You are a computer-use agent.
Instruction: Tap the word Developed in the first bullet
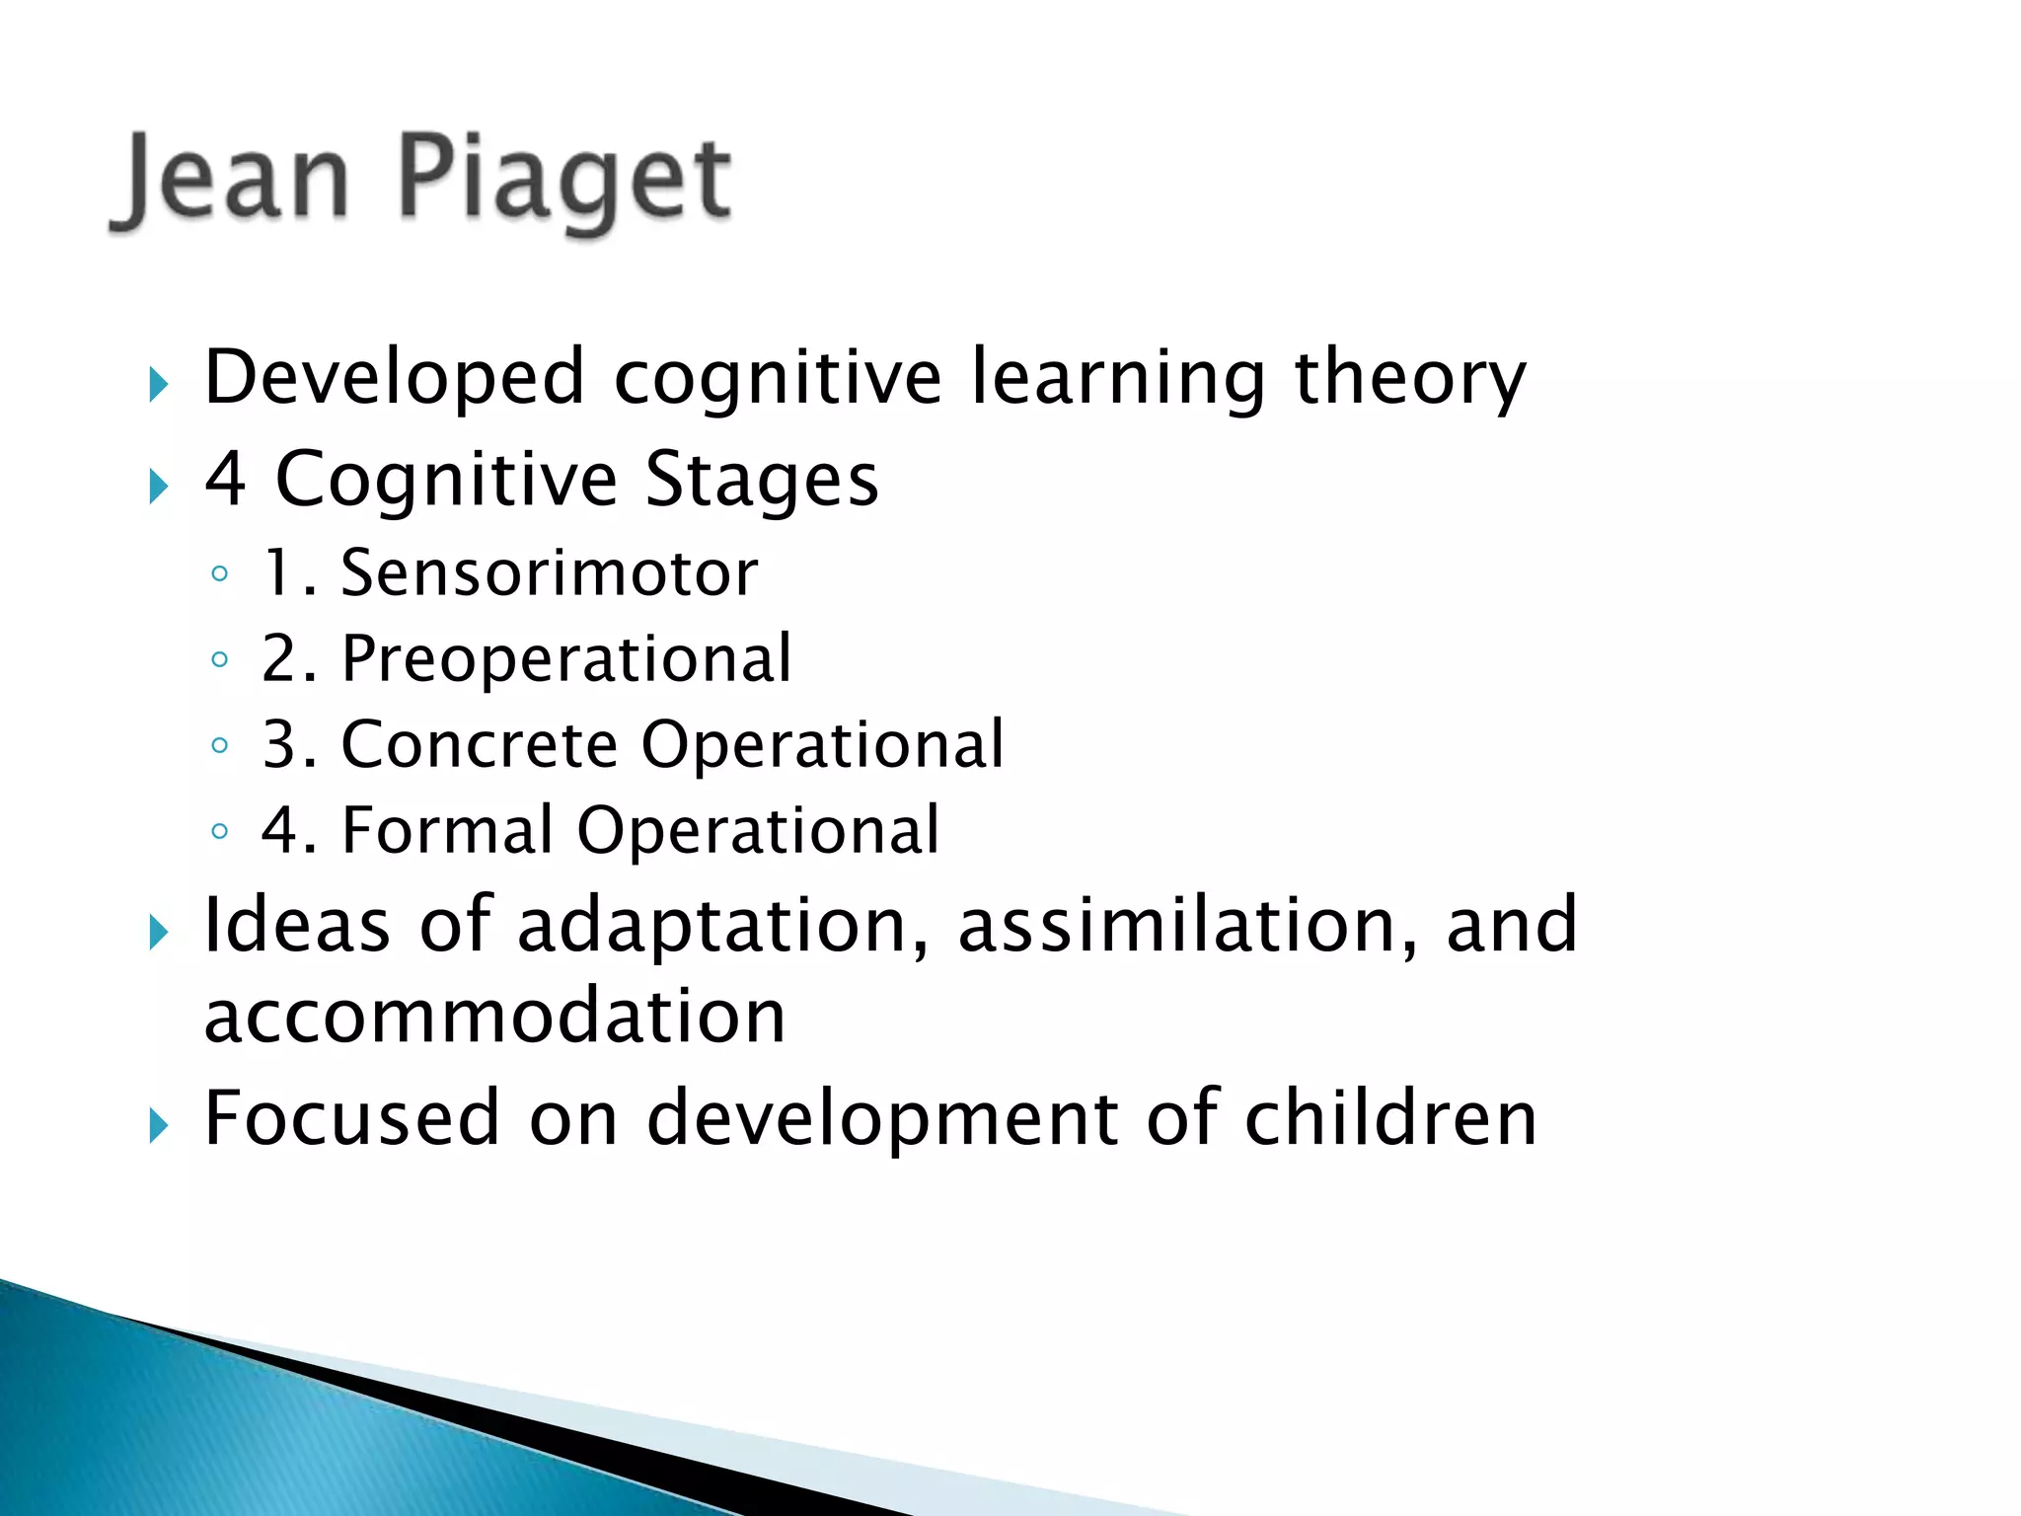394,377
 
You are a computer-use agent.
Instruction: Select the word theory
1409,377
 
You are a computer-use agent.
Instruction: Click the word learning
1117,377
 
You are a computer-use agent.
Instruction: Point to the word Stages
761,479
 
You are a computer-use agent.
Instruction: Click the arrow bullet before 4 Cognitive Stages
159,486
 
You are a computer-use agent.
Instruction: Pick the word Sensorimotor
549,572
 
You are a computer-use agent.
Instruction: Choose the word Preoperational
566,658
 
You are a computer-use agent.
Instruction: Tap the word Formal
447,830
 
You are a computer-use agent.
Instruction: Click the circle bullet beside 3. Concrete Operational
220,745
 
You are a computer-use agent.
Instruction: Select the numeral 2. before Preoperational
288,658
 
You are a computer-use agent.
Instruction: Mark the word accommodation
494,1017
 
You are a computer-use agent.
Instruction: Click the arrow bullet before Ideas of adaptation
159,932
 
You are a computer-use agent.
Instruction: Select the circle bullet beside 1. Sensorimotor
220,573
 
